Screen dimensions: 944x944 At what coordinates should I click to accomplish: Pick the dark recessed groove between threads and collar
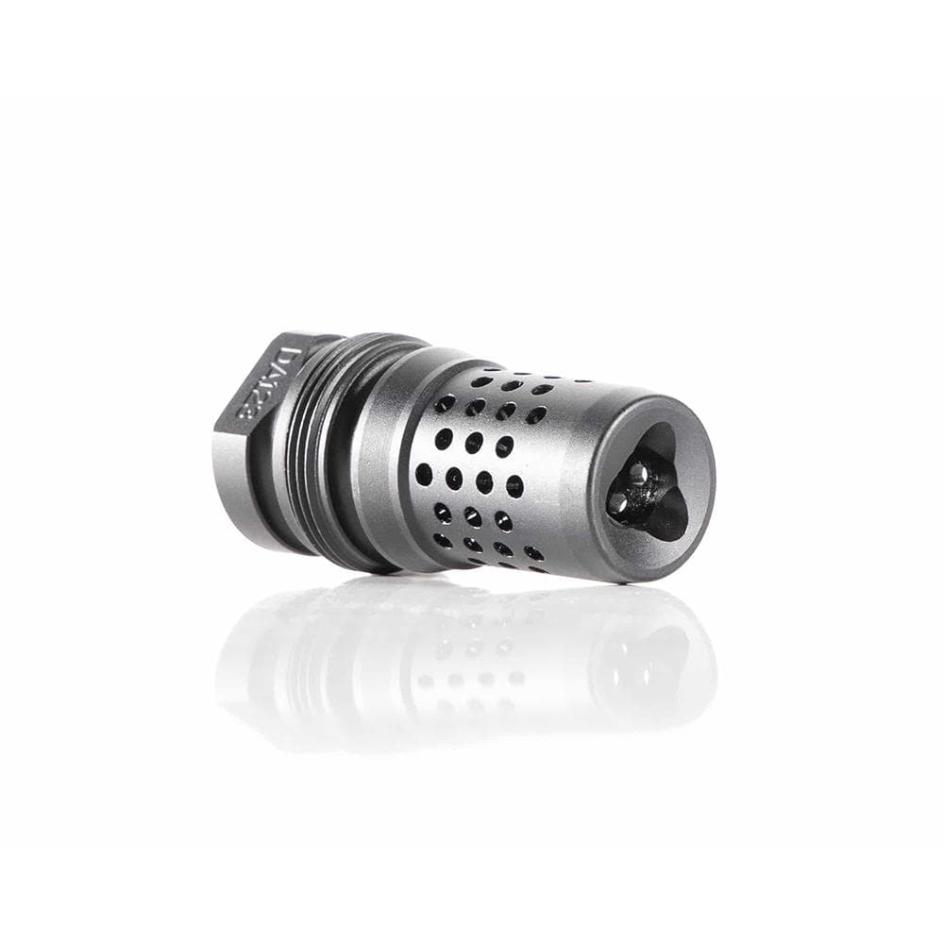coord(346,453)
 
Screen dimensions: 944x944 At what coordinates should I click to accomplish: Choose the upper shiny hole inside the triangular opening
coord(640,472)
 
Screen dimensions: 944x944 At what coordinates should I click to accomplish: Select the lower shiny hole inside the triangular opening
coord(619,505)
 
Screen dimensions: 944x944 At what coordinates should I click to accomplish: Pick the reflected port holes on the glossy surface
coord(472,661)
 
